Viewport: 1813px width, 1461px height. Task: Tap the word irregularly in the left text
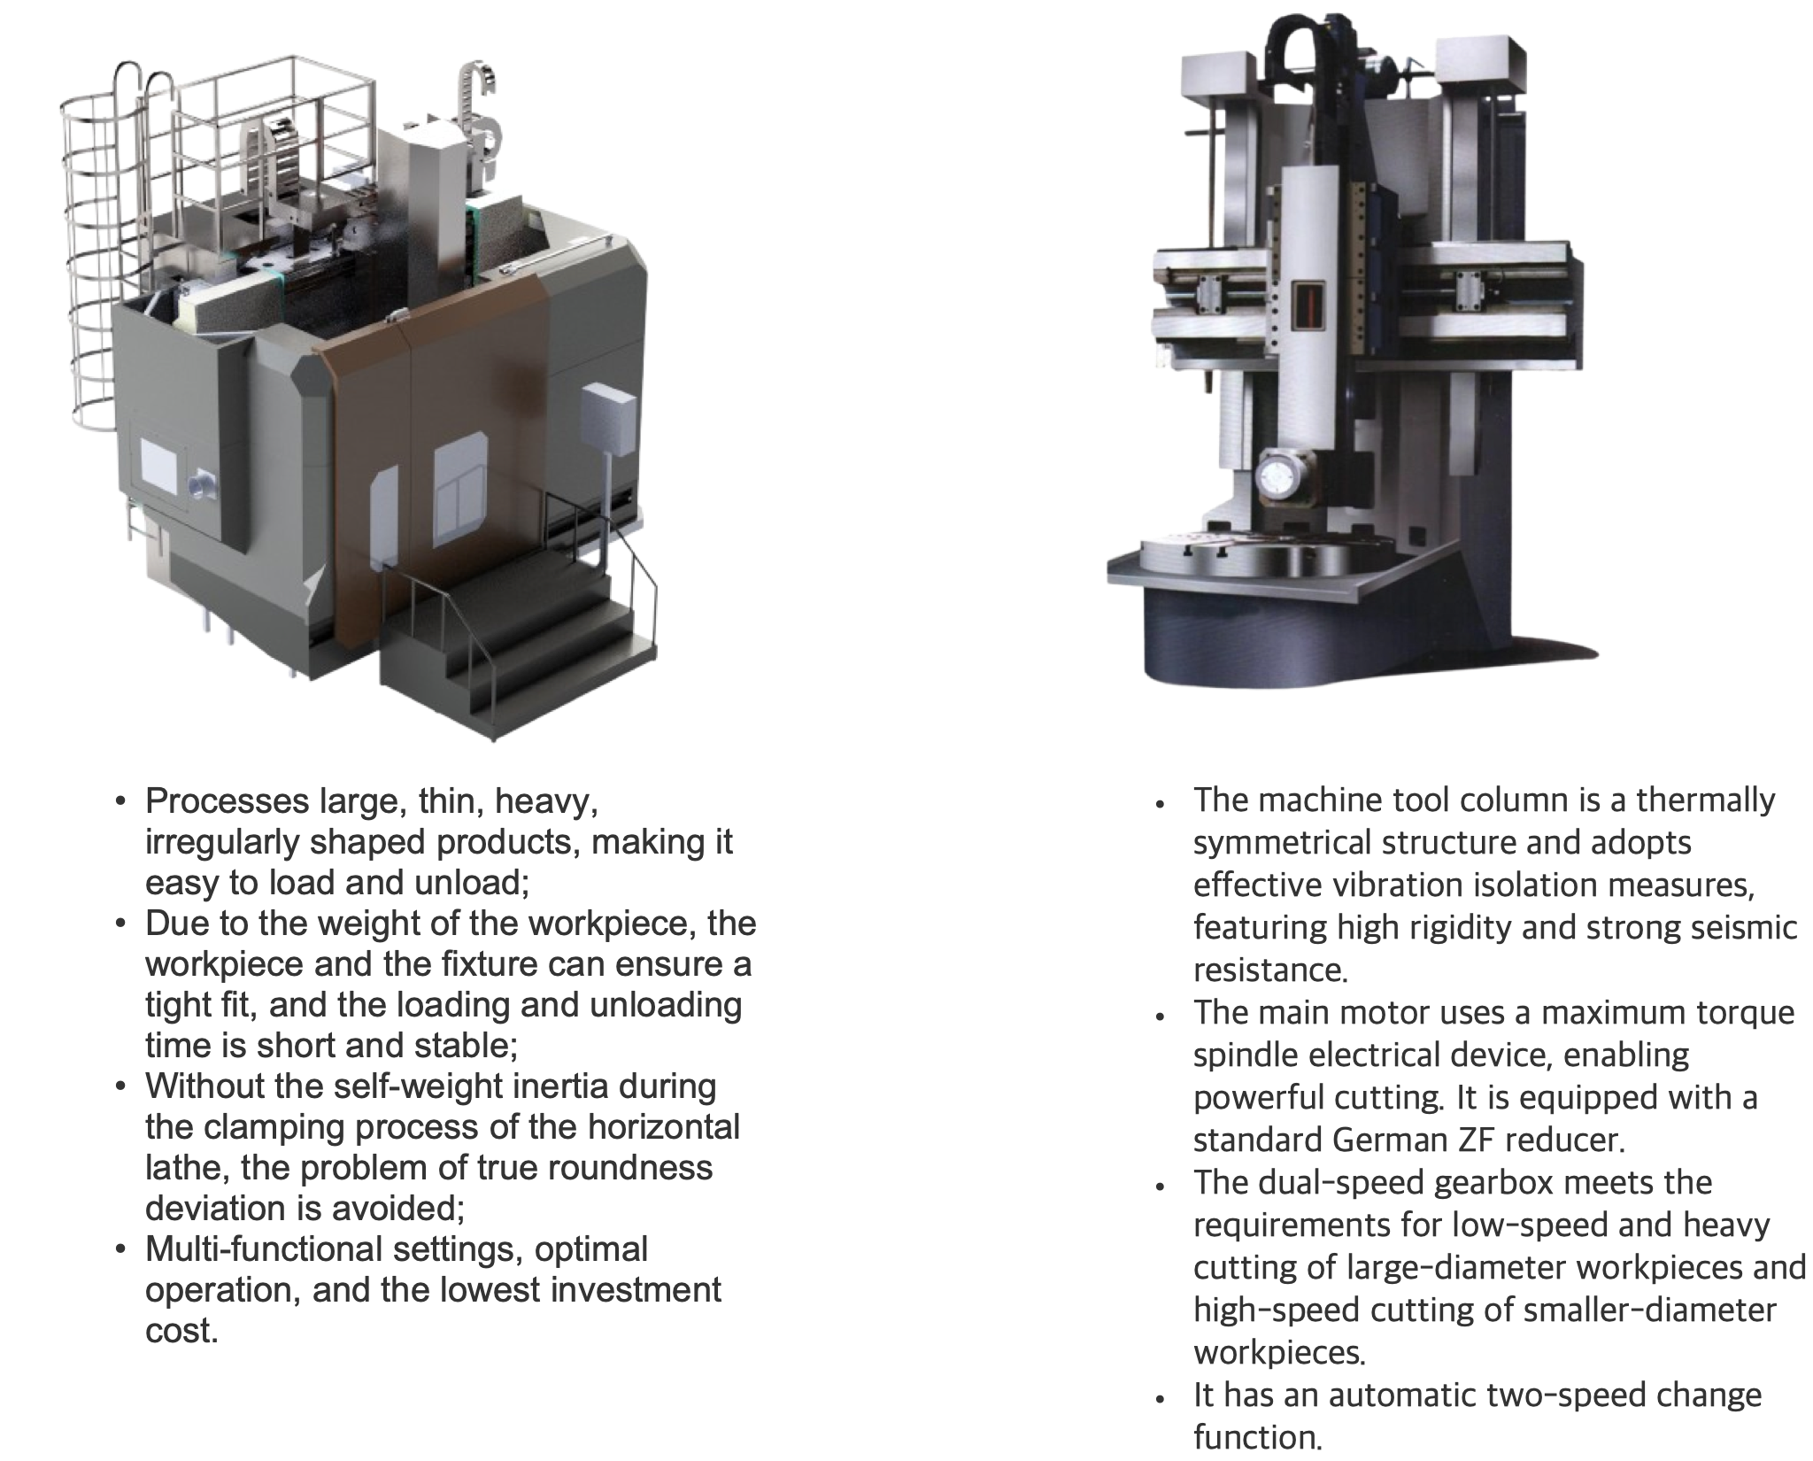click(220, 843)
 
